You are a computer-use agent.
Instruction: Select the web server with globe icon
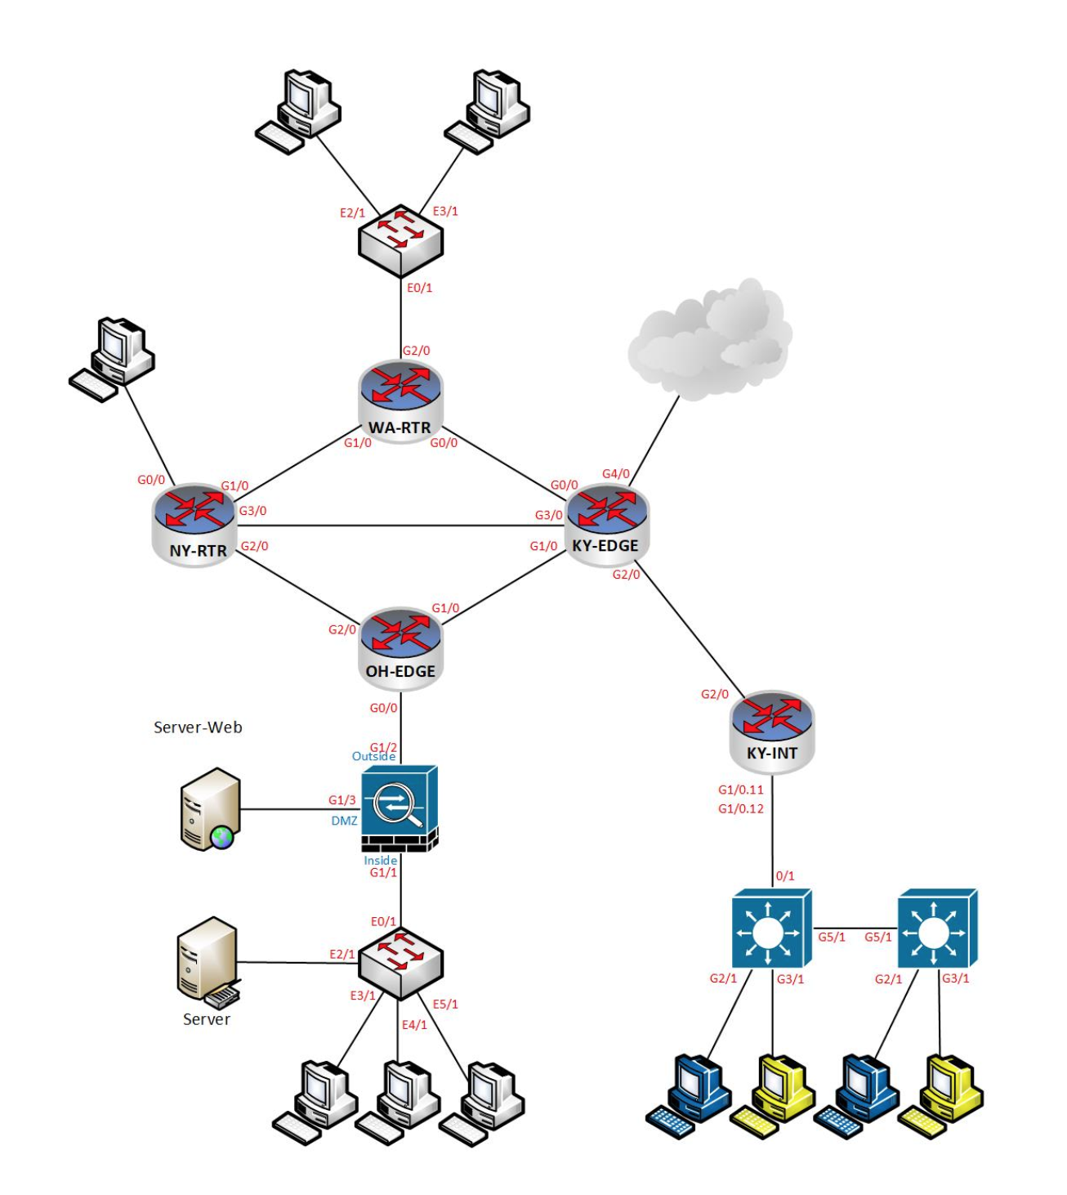[209, 809]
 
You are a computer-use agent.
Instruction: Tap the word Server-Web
[198, 727]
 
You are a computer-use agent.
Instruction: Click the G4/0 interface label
[616, 474]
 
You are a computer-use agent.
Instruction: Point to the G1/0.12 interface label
[740, 808]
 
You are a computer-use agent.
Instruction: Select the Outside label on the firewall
[373, 757]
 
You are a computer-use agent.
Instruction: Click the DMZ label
[344, 821]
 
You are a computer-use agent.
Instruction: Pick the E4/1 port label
[414, 1024]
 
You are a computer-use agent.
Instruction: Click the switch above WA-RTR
[400, 239]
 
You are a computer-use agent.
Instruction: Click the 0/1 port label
[784, 875]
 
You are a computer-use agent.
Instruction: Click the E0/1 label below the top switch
[419, 288]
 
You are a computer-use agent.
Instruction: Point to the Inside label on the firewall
[380, 860]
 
